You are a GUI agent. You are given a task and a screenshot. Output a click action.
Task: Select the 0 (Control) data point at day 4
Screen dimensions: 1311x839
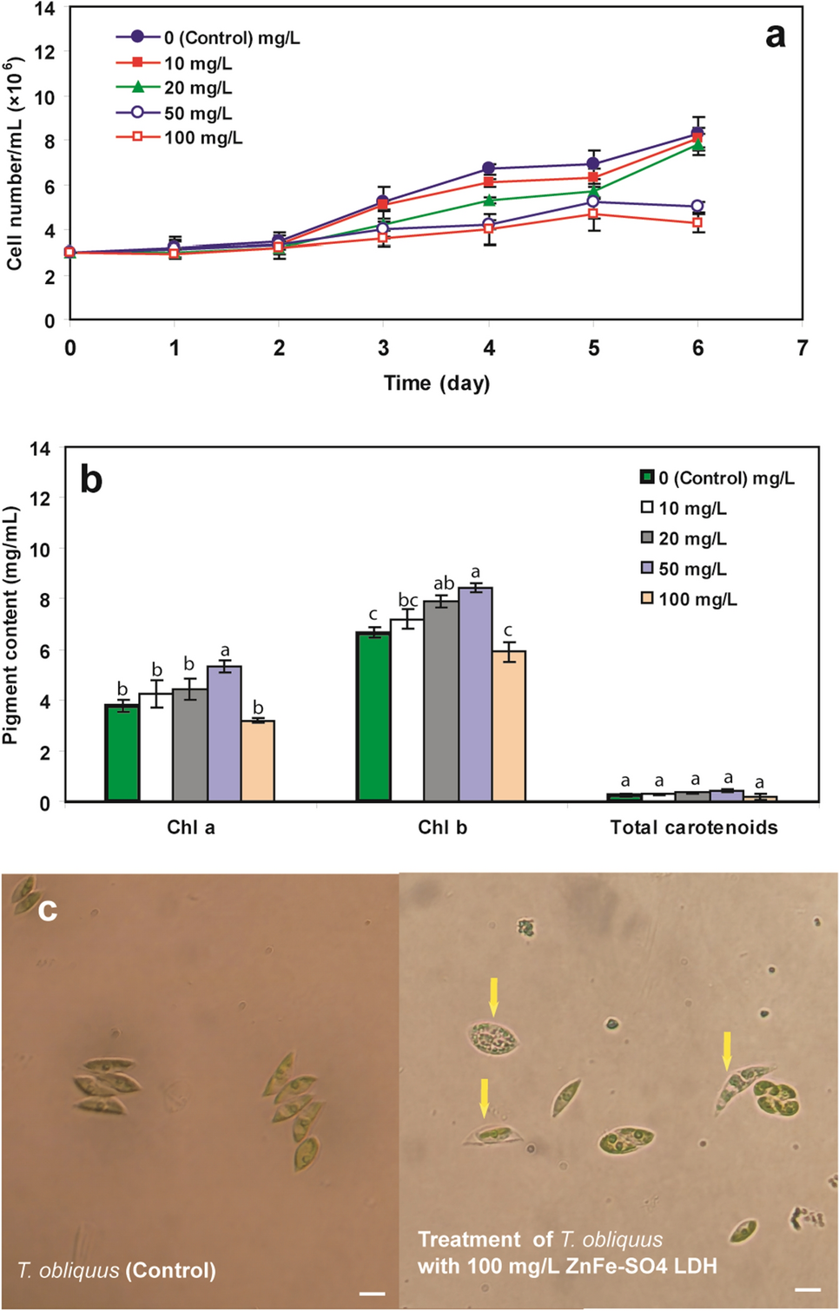pyautogui.click(x=489, y=168)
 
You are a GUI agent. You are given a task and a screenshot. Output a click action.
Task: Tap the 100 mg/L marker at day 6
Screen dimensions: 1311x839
pyautogui.click(x=697, y=223)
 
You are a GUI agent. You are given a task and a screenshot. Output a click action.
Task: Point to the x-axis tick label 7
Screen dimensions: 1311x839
pyautogui.click(x=802, y=348)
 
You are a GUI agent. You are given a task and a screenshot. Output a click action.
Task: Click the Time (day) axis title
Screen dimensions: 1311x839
pyautogui.click(x=437, y=383)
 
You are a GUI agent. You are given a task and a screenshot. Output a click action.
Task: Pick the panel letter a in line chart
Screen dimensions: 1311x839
pyautogui.click(x=775, y=36)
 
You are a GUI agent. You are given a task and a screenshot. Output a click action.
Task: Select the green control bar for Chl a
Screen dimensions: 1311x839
pyautogui.click(x=122, y=753)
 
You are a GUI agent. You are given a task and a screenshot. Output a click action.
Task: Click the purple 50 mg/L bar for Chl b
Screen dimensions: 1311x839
pyautogui.click(x=475, y=695)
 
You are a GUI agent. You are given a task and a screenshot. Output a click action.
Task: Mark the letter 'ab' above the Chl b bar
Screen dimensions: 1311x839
pyautogui.click(x=443, y=583)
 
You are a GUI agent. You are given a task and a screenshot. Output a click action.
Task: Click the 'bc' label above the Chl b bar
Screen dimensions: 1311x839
pyautogui.click(x=408, y=600)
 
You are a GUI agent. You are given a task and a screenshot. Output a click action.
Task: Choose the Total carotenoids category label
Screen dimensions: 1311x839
pyautogui.click(x=693, y=827)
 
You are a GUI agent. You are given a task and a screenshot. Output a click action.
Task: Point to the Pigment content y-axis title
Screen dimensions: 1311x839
pyautogui.click(x=10, y=625)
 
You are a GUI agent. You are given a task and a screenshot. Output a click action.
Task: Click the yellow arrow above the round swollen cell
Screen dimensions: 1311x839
pyautogui.click(x=493, y=995)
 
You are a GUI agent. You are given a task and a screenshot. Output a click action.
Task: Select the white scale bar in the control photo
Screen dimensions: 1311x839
pyautogui.click(x=372, y=1294)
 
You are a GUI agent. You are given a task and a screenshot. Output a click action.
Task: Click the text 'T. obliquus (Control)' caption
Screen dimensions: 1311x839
pyautogui.click(x=116, y=1270)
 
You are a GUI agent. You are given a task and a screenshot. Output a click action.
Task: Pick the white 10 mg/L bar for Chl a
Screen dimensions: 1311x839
pyautogui.click(x=156, y=747)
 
